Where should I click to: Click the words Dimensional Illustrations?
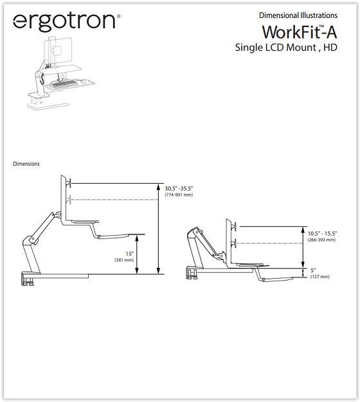coord(298,15)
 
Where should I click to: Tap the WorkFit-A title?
coord(300,32)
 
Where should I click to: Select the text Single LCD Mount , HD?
coord(286,48)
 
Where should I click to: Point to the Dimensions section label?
coord(26,164)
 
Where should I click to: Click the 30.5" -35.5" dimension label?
coord(179,188)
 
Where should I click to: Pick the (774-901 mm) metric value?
coord(179,195)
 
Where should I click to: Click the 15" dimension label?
coord(130,254)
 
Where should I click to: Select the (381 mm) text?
coord(124,260)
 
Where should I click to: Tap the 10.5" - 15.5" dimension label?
coord(322,234)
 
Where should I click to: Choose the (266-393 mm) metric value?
coord(321,240)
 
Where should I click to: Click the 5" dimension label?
coord(313,270)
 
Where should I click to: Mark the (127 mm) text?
coord(320,277)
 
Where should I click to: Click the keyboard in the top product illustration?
coord(64,83)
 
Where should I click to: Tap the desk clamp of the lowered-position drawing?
coord(192,273)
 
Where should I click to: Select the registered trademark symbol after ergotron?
coord(118,16)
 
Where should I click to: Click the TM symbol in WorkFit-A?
coord(321,26)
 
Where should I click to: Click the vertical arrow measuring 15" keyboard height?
coord(137,254)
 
